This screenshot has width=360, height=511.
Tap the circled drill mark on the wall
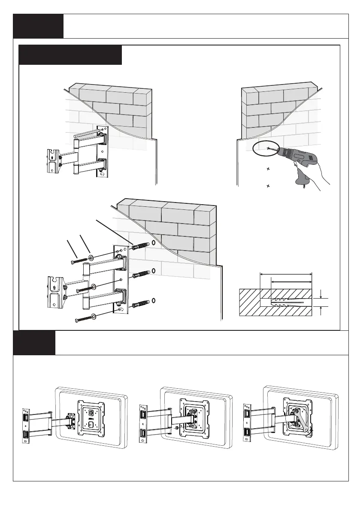268,148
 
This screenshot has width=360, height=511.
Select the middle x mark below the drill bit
268,169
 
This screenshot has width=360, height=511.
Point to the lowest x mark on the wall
268,186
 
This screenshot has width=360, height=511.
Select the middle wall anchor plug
140,275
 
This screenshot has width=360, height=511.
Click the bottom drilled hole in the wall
154,301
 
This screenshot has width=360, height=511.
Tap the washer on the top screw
91,258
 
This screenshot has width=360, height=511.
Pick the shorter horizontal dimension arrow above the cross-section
291,282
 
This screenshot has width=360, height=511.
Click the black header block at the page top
38,26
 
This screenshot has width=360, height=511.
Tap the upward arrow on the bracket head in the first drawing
52,157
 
